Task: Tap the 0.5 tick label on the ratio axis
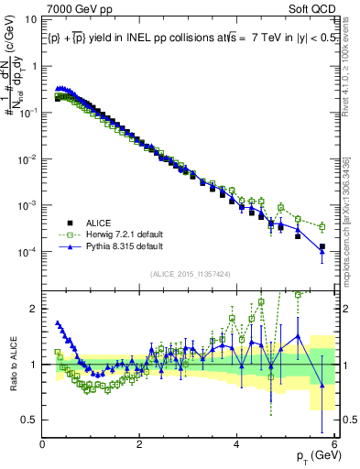click(x=31, y=420)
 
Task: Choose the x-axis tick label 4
click(x=237, y=443)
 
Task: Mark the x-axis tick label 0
click(x=43, y=443)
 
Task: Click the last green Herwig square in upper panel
click(x=322, y=226)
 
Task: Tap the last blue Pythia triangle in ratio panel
click(x=322, y=386)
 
